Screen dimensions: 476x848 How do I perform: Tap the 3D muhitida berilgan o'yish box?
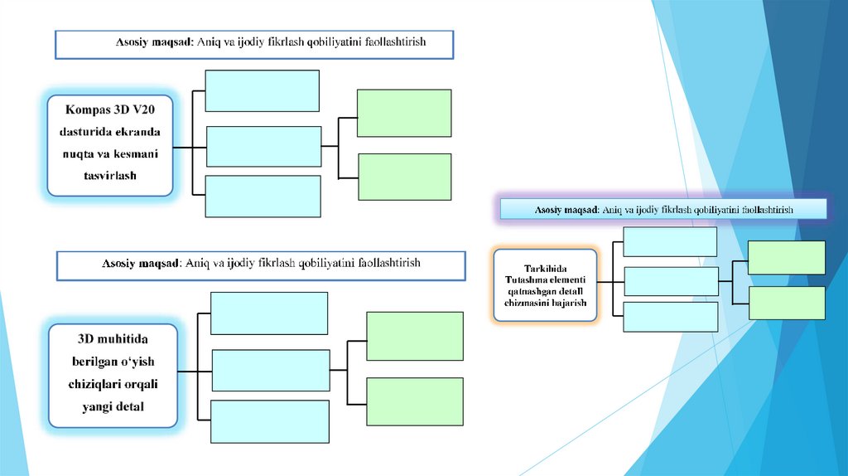click(113, 374)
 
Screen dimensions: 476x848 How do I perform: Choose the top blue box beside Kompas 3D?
click(262, 90)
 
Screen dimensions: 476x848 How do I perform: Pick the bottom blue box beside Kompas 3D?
click(263, 196)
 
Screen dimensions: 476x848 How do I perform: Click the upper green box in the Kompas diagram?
click(403, 113)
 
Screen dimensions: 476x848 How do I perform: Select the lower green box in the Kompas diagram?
click(404, 177)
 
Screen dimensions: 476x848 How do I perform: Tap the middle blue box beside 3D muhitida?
click(271, 370)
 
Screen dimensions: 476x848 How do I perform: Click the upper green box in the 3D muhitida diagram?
click(414, 336)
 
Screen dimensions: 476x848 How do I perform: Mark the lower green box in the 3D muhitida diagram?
click(414, 401)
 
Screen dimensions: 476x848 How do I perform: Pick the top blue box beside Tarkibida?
click(669, 241)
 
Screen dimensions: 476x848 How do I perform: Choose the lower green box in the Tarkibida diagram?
click(786, 303)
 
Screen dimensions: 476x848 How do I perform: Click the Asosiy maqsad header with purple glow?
click(662, 210)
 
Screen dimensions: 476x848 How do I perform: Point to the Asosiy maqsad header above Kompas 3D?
click(254, 45)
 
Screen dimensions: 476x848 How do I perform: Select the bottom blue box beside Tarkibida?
click(670, 317)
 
